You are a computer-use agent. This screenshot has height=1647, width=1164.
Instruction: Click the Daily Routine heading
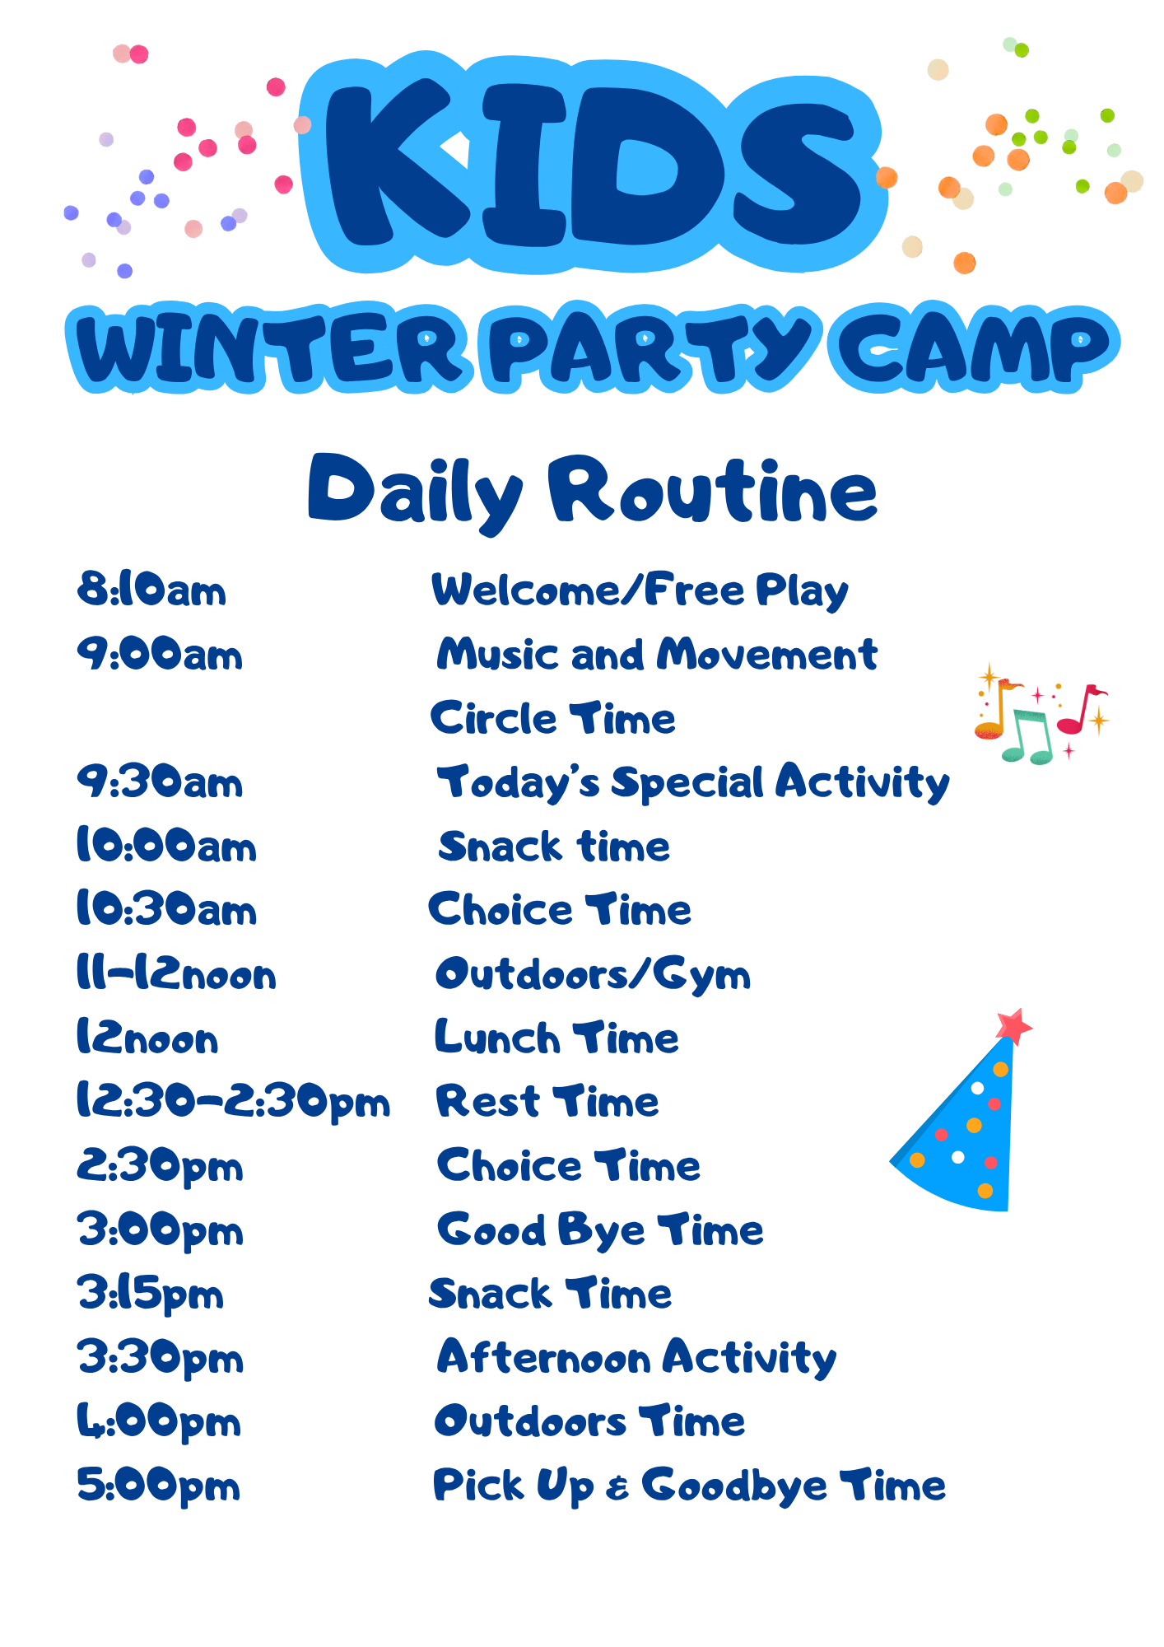[593, 492]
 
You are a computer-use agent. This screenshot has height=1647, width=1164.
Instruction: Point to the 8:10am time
[151, 590]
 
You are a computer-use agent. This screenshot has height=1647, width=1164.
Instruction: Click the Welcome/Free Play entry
[640, 590]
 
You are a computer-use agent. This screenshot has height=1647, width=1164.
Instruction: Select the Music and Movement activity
[657, 655]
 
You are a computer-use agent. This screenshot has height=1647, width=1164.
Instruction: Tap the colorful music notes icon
[1041, 713]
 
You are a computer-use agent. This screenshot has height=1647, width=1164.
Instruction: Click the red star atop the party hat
[1013, 1026]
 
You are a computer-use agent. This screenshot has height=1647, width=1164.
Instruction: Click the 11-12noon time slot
[176, 974]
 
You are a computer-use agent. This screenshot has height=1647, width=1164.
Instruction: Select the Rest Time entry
[547, 1102]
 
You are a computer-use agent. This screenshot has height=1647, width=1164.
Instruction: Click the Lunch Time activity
[556, 1038]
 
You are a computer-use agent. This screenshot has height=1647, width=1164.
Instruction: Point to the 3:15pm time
[151, 1295]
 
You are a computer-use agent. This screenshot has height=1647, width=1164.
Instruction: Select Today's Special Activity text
[693, 783]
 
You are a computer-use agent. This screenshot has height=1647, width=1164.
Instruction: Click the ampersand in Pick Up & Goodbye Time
[617, 1488]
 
